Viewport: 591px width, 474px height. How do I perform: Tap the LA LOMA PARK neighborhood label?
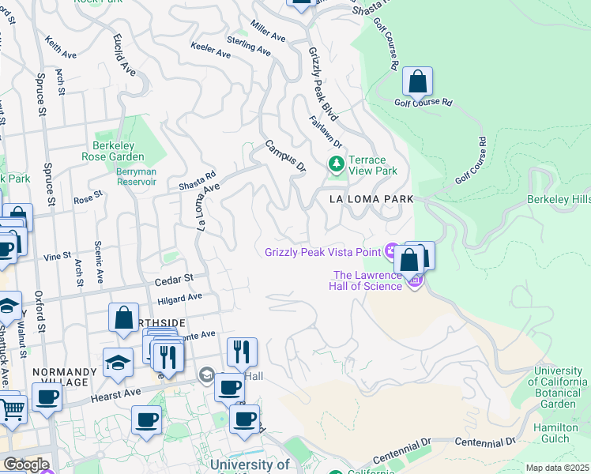point(371,201)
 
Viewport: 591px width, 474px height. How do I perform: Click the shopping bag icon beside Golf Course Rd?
point(417,82)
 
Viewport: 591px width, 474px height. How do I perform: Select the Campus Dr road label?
point(284,156)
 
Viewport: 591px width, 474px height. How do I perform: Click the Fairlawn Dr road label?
point(326,132)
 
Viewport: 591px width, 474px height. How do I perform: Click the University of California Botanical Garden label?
point(559,387)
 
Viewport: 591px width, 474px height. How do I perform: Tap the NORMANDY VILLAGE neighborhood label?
point(60,378)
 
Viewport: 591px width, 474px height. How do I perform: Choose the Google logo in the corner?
point(25,465)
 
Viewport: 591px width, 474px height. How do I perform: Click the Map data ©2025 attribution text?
point(558,468)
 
